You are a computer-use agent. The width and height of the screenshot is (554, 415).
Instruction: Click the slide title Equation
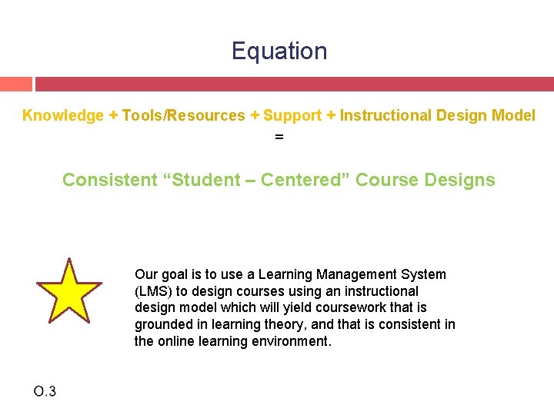[x=279, y=51]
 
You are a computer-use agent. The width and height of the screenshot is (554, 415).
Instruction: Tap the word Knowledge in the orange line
[x=63, y=116]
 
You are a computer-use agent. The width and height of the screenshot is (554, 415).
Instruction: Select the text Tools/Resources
[x=183, y=116]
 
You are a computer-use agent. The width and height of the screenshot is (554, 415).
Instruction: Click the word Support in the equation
[x=292, y=116]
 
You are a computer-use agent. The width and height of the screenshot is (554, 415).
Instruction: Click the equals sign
[x=279, y=137]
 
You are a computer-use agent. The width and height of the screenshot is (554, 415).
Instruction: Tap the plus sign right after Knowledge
[x=113, y=116]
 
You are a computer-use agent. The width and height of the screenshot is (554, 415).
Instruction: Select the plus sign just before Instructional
[x=331, y=116]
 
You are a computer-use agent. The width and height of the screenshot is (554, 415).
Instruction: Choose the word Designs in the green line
[x=458, y=181]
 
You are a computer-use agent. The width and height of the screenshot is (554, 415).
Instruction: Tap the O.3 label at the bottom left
[x=45, y=392]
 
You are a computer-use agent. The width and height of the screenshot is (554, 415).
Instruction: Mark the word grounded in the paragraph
[x=162, y=325]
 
